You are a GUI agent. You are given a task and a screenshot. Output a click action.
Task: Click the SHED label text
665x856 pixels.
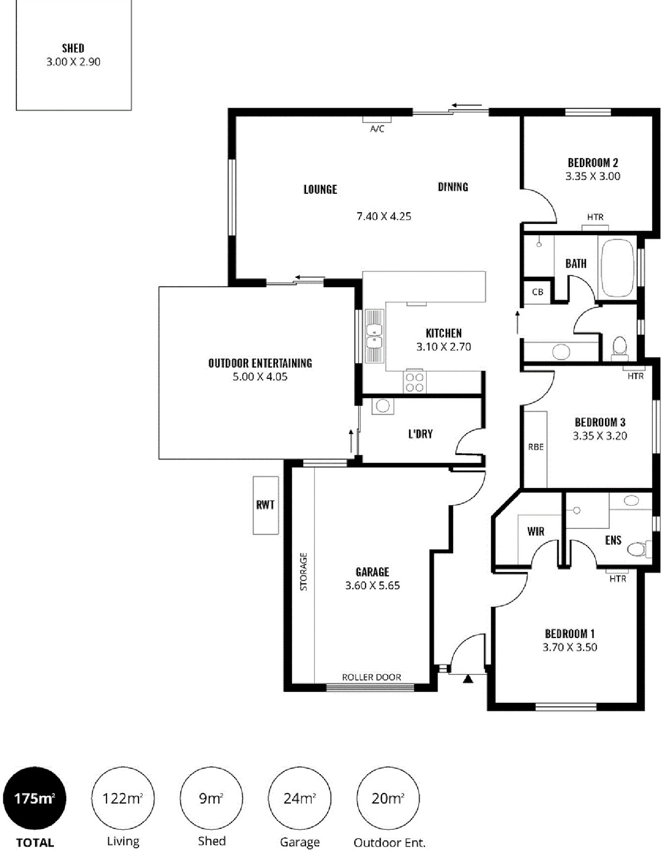click(73, 48)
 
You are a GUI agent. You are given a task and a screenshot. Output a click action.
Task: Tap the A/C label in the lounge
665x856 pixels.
click(377, 129)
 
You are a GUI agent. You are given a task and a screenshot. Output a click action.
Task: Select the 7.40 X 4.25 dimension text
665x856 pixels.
click(384, 216)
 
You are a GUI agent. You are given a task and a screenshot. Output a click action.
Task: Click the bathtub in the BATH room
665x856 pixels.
click(618, 267)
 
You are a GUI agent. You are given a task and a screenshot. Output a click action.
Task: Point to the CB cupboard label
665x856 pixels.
click(538, 292)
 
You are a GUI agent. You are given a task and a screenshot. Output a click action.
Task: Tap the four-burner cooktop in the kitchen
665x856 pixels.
click(415, 382)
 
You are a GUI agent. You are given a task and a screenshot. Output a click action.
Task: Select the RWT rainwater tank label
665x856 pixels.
click(266, 505)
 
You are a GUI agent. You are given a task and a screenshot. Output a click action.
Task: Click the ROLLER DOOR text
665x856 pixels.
click(372, 677)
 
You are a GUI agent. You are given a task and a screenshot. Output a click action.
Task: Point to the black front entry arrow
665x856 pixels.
click(468, 679)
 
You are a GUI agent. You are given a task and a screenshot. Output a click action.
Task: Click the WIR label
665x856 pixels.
click(536, 531)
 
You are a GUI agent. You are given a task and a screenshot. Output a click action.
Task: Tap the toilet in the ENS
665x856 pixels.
click(640, 549)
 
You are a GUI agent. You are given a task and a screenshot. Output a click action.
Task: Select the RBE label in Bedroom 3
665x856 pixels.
click(536, 447)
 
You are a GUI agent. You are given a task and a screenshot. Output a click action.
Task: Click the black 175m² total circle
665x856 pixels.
click(35, 798)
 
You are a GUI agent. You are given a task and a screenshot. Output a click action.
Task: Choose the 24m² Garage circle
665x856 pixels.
click(299, 798)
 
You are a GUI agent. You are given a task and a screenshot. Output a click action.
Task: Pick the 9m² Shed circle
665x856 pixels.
click(211, 798)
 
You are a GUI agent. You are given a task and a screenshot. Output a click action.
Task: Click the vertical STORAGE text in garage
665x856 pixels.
click(304, 572)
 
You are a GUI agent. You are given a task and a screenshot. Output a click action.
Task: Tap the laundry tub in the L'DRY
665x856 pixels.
click(383, 406)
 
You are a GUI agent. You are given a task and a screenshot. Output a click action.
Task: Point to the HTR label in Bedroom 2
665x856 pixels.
click(596, 217)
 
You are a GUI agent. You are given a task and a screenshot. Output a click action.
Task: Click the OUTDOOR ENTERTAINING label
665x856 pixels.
click(260, 363)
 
